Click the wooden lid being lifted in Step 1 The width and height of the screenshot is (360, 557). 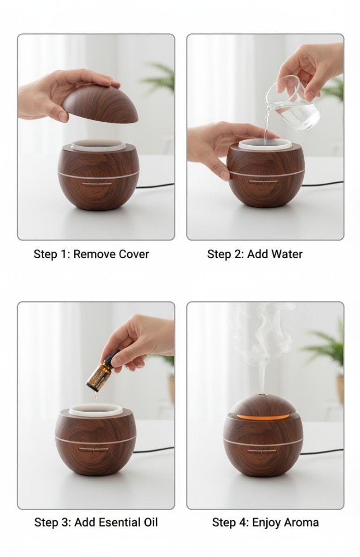point(100,104)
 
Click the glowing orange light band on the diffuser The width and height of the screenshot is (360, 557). point(263,415)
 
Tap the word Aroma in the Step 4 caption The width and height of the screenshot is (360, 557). point(303,522)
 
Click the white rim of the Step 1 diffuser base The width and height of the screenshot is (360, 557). point(98,145)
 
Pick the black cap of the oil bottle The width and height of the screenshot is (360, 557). point(114,358)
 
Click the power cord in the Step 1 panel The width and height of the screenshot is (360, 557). point(155,185)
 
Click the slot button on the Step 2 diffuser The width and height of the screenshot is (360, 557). point(264,182)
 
